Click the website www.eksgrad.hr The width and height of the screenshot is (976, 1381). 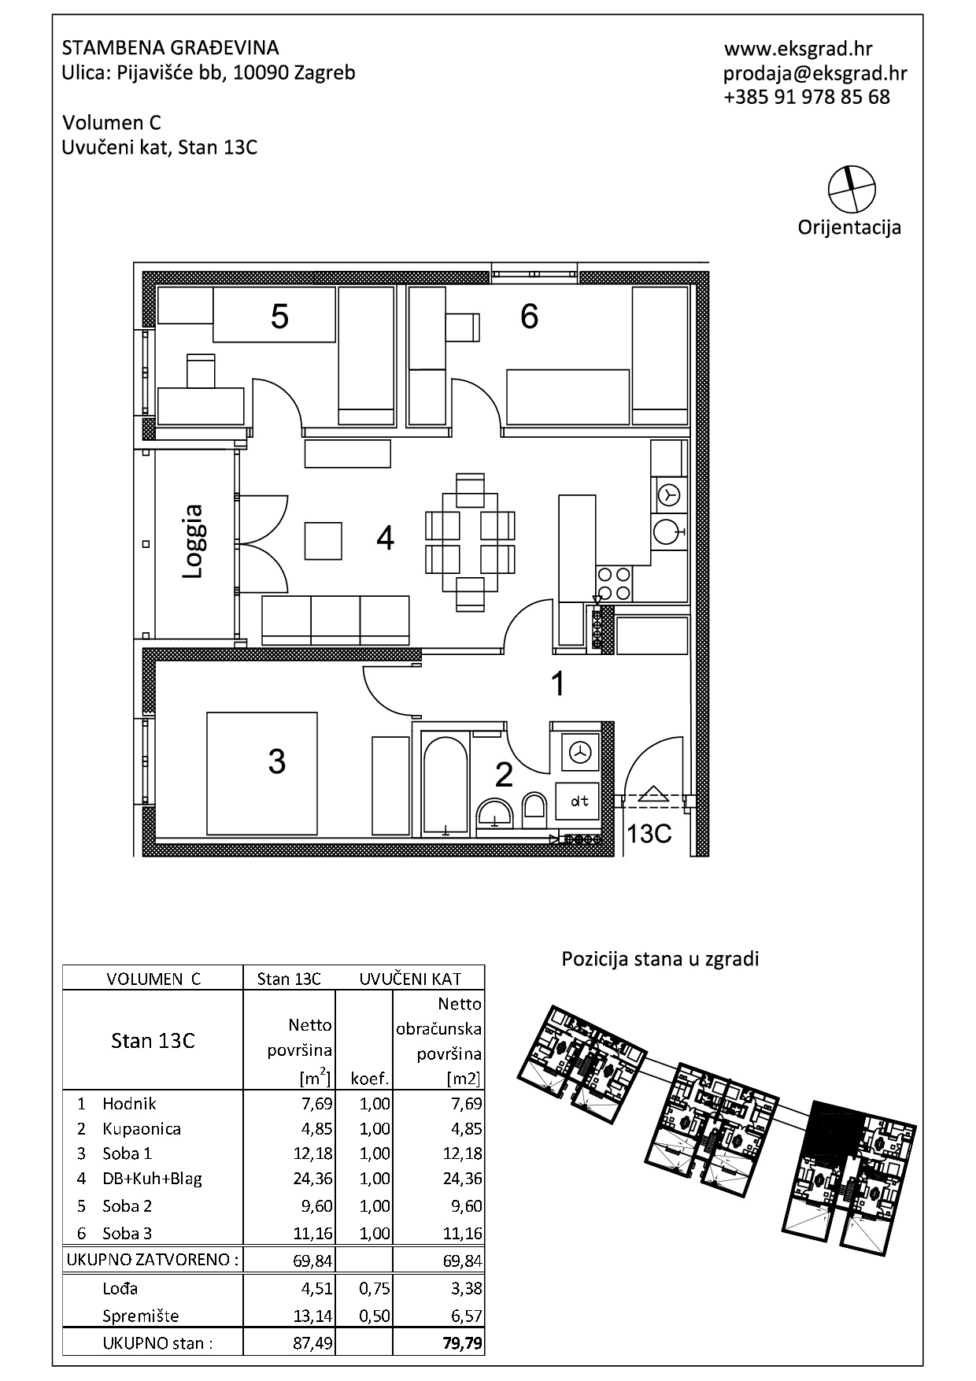798,49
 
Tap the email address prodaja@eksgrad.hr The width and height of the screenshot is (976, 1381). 815,73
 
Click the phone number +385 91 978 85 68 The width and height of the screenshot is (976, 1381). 807,97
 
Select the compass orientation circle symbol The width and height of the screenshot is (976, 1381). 852,190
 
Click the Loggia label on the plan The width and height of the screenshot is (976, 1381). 194,542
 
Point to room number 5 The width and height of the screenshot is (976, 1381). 279,317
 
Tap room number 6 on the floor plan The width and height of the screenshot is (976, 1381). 530,316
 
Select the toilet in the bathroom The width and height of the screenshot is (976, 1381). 534,809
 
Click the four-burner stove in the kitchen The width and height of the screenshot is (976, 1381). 614,583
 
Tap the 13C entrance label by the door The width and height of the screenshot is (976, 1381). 649,834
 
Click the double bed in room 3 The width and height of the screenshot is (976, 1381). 262,773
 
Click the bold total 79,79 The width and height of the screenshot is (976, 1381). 464,1342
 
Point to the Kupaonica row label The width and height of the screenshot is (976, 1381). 142,1128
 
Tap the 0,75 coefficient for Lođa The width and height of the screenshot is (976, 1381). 374,1288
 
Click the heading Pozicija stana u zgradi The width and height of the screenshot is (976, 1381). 660,959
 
